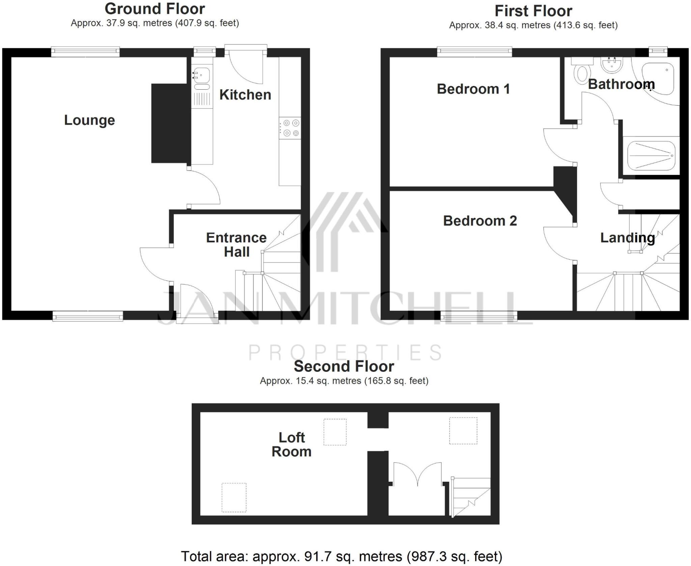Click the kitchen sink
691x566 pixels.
pos(201,74)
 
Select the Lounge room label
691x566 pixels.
pos(89,120)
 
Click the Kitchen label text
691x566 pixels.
pos(245,95)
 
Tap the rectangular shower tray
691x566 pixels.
pos(651,156)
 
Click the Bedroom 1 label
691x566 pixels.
pos(473,89)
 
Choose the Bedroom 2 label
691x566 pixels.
pos(480,221)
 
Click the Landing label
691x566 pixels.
pos(627,238)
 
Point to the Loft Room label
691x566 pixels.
pos(292,445)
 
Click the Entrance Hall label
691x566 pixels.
pos(236,245)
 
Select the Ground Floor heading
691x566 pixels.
pos(155,9)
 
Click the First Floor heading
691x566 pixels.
pos(533,11)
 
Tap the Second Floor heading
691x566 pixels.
pos(344,366)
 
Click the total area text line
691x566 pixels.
pos(341,556)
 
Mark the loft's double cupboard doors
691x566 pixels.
pos(418,474)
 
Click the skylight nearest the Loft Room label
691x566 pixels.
pos(335,432)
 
